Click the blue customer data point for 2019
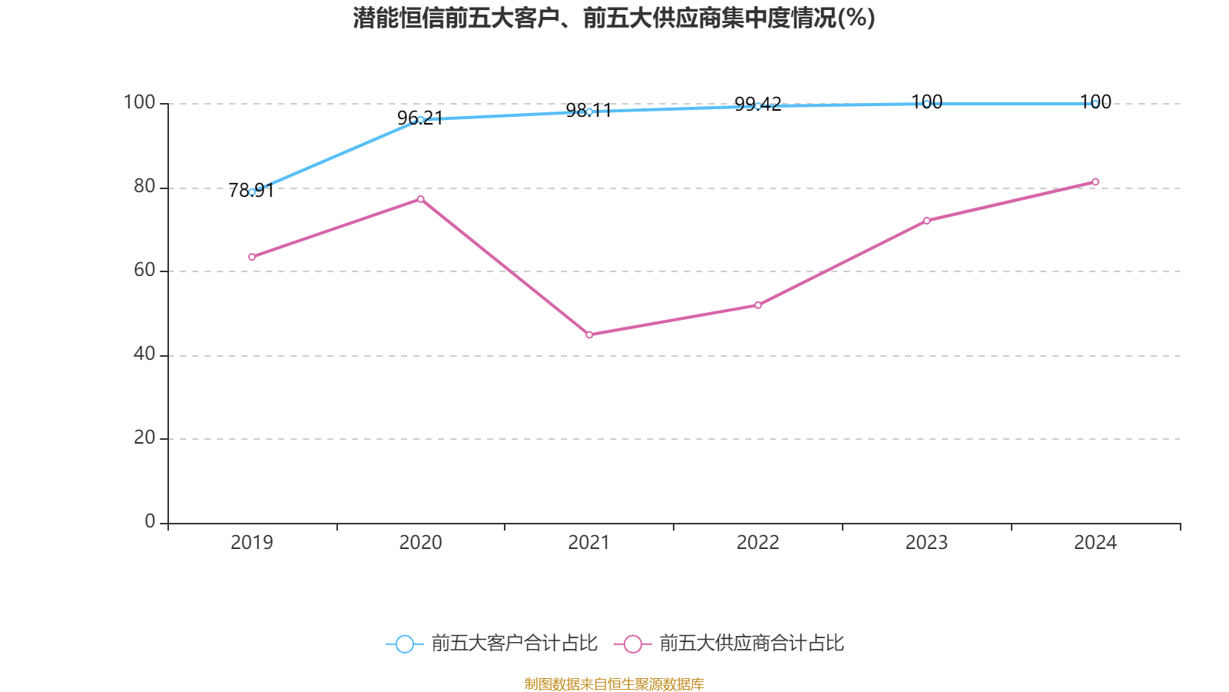[252, 192]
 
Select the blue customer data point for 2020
[420, 119]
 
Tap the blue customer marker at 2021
[589, 111]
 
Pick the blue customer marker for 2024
[1095, 103]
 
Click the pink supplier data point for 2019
[252, 257]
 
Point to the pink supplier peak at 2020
[420, 199]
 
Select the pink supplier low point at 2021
[589, 334]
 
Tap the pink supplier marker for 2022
[758, 305]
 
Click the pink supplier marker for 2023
[926, 221]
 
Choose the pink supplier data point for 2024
[1095, 182]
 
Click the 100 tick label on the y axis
[139, 102]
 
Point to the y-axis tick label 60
[144, 270]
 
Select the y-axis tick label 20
[144, 437]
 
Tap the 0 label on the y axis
[150, 521]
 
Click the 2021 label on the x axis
[589, 543]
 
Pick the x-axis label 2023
[926, 543]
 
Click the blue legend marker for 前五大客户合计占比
[404, 644]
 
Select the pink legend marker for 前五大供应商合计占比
[632, 644]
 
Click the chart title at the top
[614, 18]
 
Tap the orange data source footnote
[614, 684]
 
